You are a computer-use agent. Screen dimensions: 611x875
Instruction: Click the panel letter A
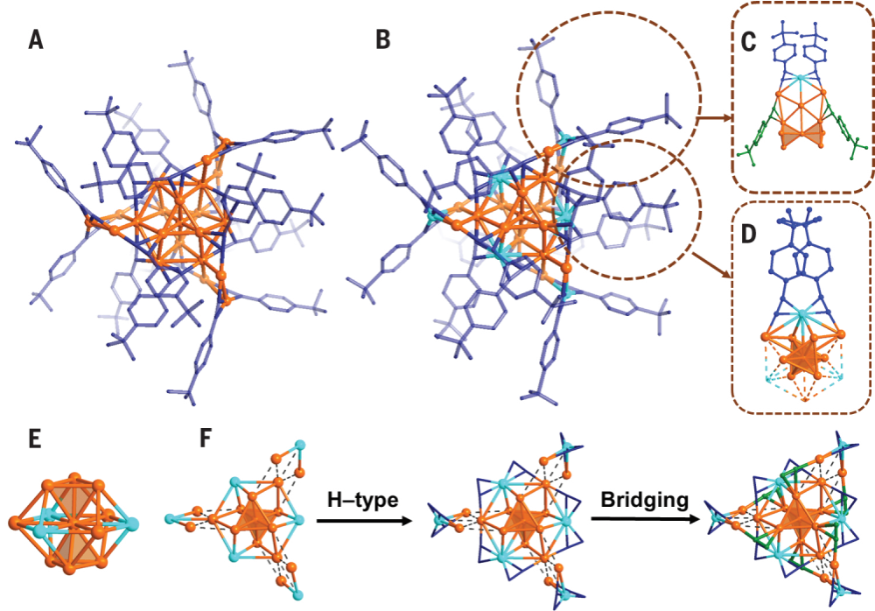tap(36, 40)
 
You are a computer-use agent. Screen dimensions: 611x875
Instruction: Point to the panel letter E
tap(37, 439)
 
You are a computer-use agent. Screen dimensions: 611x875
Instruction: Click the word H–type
tap(361, 500)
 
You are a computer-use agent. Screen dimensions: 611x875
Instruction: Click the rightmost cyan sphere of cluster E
tap(132, 524)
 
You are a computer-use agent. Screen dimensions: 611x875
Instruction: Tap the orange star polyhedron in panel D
tap(802, 358)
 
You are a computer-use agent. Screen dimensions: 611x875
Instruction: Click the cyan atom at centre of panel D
tap(801, 313)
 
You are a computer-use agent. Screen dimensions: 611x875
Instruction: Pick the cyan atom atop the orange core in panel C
tap(801, 79)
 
